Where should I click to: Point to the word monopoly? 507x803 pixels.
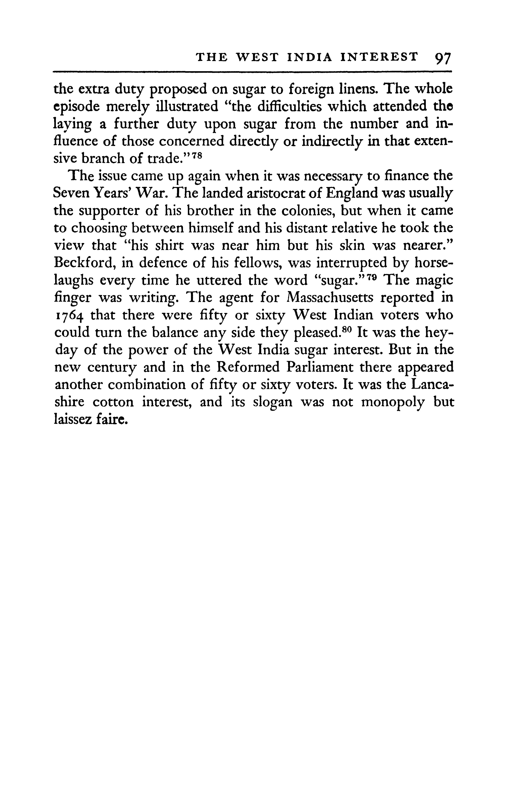click(x=393, y=402)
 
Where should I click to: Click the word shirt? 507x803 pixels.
click(x=169, y=245)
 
